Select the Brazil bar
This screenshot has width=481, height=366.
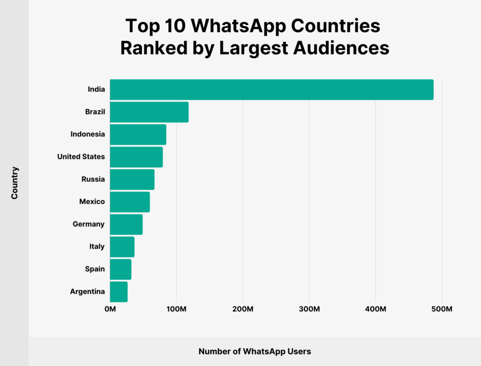click(x=149, y=112)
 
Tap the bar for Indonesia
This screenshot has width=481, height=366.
click(x=138, y=134)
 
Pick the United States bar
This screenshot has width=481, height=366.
click(x=136, y=157)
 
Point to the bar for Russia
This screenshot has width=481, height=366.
click(x=132, y=179)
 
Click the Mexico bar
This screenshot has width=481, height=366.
click(x=130, y=202)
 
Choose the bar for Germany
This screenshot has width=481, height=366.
click(x=126, y=224)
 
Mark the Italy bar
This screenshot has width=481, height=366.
click(x=122, y=247)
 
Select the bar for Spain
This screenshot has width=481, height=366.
click(x=121, y=269)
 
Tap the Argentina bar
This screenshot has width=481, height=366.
click(x=119, y=292)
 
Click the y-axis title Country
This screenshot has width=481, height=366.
click(x=15, y=182)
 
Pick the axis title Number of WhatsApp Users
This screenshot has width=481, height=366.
click(x=255, y=351)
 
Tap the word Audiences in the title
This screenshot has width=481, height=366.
click(x=342, y=48)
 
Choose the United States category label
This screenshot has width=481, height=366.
click(x=81, y=157)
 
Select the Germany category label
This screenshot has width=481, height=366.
click(x=89, y=224)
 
